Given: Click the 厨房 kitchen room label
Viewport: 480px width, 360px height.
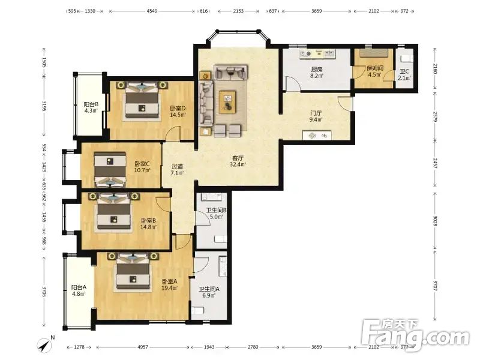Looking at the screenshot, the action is click(317, 70).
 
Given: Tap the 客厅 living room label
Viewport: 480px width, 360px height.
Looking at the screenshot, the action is click(238, 158).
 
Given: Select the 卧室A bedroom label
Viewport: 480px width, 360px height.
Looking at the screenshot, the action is click(170, 281).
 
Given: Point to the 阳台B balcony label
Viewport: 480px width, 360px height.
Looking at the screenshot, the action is click(91, 104).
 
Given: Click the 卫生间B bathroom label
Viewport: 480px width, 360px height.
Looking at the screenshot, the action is click(216, 211).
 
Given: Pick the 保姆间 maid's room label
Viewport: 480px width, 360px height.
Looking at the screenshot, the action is click(375, 68).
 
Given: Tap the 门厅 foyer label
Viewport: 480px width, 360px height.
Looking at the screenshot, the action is click(316, 113).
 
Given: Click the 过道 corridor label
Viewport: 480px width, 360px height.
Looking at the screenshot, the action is click(177, 167).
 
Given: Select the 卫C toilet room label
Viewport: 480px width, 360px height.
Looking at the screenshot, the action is click(404, 72).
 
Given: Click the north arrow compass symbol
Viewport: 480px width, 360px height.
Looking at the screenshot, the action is click(45, 345).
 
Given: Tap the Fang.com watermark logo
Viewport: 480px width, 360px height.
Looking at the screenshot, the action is click(415, 335).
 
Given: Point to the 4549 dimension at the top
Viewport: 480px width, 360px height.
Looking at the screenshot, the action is click(152, 11).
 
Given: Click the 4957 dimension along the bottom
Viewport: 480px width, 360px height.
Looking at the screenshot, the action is click(143, 347).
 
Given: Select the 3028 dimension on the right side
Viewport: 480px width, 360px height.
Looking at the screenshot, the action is click(436, 220).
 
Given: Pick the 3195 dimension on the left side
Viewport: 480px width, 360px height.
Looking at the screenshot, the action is click(44, 106).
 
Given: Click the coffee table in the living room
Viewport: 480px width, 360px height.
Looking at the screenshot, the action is click(227, 102).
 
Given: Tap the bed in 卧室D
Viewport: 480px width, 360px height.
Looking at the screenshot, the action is click(143, 100).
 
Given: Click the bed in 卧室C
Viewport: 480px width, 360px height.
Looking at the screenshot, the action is click(110, 169).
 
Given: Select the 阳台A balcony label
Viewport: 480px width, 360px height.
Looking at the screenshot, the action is click(79, 288).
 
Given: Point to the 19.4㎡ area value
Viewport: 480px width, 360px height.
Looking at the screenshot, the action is click(170, 288).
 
